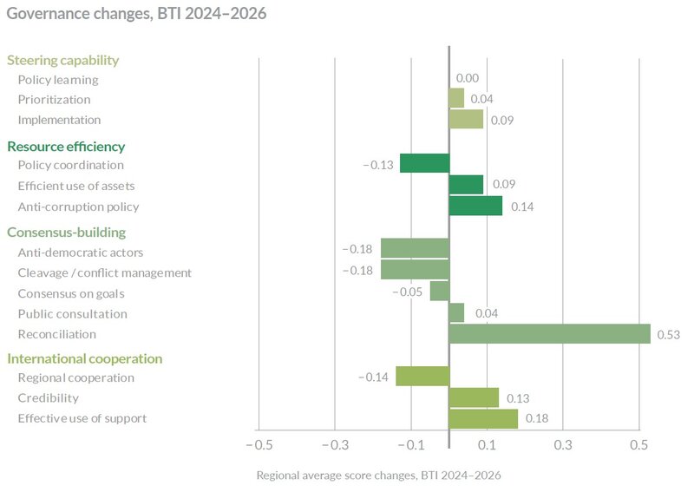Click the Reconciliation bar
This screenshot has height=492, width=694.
click(549, 334)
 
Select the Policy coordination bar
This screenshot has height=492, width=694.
click(424, 163)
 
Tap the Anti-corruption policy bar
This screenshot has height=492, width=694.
click(475, 206)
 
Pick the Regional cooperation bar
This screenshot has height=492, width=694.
click(422, 376)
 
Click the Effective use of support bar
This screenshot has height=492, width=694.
click(483, 418)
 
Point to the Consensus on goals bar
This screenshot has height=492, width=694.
click(440, 292)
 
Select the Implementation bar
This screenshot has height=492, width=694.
click(466, 120)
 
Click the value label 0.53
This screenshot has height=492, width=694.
click(667, 335)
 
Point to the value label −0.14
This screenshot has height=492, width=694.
click(374, 377)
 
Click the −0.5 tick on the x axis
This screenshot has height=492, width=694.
click(258, 445)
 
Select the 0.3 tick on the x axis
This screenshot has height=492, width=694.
click(563, 445)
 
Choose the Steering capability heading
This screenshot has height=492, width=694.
click(62, 60)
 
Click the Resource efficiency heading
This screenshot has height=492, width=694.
click(66, 147)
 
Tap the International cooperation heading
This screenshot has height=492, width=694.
click(84, 358)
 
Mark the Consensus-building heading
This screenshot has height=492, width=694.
click(66, 232)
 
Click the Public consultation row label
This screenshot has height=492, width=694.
click(72, 314)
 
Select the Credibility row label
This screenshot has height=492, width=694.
click(48, 397)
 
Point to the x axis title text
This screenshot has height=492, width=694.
click(378, 476)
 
